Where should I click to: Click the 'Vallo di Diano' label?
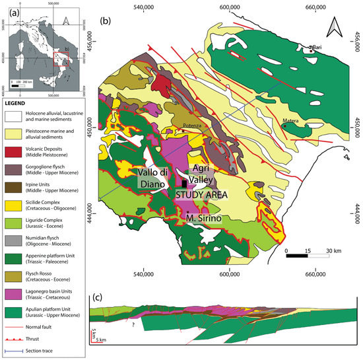pyautogui.click(x=155, y=179)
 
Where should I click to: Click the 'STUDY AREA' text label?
pyautogui.click(x=202, y=195)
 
